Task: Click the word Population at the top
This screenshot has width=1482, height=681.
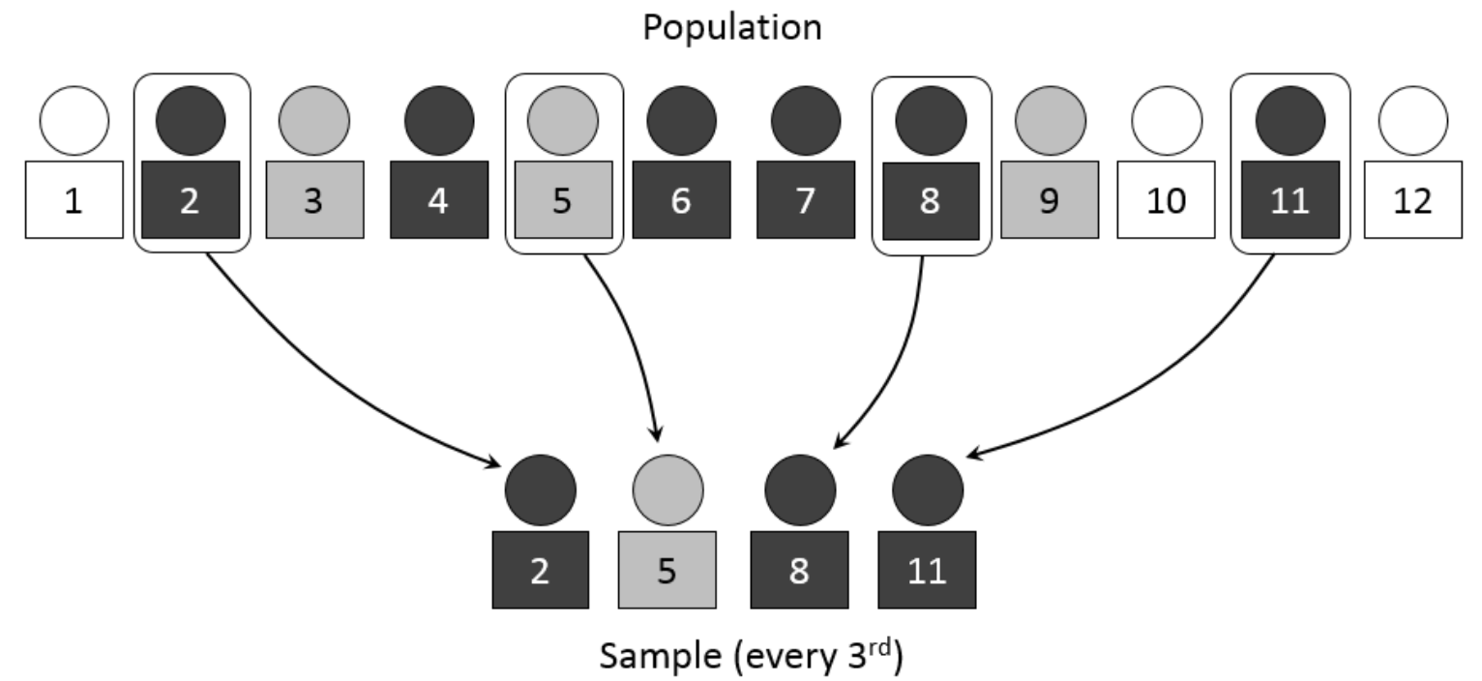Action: pos(732,28)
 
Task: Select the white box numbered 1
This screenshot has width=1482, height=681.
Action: pos(74,199)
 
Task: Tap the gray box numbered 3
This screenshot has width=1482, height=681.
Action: pos(315,199)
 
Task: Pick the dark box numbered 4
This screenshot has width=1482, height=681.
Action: pos(439,199)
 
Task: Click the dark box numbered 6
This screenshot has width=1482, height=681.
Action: pos(682,199)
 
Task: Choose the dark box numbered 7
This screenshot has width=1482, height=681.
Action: pos(806,199)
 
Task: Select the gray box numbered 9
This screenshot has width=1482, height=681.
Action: pos(1050,199)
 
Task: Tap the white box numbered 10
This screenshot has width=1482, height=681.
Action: pos(1167,199)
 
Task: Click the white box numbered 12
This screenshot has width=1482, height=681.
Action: pos(1413,199)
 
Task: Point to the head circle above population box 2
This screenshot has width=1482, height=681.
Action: pos(191,121)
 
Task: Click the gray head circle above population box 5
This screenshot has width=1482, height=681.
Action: pos(563,121)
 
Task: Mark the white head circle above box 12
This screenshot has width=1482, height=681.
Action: pos(1413,121)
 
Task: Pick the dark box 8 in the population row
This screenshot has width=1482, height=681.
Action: pos(931,200)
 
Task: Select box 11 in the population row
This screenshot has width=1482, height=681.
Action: pos(1290,199)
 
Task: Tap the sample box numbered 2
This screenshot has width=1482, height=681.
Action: pos(541,570)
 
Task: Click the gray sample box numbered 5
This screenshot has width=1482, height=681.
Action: pos(667,570)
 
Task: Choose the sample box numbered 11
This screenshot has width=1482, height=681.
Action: pos(927,570)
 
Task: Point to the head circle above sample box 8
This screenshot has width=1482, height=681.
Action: pos(801,489)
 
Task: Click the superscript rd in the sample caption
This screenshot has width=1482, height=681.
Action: pos(880,646)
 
